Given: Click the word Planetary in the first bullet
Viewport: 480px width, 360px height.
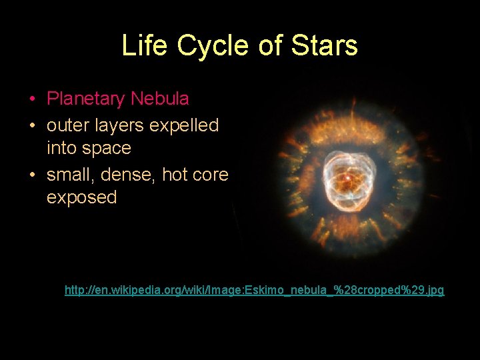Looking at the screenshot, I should (x=86, y=99).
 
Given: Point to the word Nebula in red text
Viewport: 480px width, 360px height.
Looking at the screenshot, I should (x=160, y=99).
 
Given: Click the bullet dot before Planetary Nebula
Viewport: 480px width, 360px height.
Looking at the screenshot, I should (x=33, y=99).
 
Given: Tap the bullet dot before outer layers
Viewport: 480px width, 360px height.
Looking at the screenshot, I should (x=33, y=125).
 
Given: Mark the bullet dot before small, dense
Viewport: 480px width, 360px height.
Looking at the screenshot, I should (x=33, y=175).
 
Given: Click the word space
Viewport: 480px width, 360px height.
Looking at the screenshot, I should (x=107, y=148).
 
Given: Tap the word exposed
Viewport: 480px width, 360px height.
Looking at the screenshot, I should (x=81, y=197).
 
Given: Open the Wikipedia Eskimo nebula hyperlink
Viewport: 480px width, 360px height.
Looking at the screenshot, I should (x=254, y=291).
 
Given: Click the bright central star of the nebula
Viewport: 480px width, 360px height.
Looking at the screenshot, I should (x=346, y=178).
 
